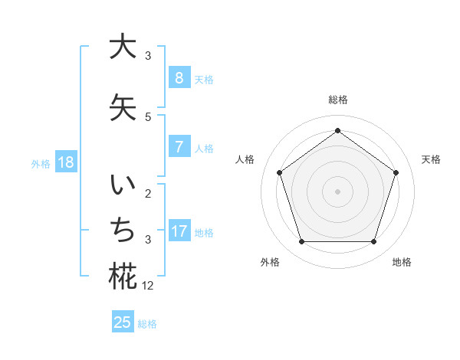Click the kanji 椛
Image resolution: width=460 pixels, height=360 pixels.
tap(123, 277)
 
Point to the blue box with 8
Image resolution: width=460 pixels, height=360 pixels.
tap(179, 77)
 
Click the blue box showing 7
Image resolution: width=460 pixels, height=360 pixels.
tap(179, 147)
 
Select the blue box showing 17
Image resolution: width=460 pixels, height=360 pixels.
tap(179, 231)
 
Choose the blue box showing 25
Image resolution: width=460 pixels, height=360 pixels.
tap(123, 322)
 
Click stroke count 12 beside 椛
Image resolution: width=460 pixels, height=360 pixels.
tap(149, 286)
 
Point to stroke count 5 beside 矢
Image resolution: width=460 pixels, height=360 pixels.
tap(148, 116)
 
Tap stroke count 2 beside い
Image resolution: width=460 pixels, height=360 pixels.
tap(148, 194)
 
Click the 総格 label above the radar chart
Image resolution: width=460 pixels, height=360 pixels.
tap(337, 100)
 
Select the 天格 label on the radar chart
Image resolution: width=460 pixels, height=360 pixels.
tap(431, 159)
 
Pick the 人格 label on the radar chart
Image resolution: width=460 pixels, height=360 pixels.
tap(245, 159)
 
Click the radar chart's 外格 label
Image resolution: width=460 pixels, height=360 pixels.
tap(270, 262)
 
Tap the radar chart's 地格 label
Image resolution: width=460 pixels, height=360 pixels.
tap(402, 262)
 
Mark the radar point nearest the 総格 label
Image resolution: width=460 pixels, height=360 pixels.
tap(337, 130)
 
